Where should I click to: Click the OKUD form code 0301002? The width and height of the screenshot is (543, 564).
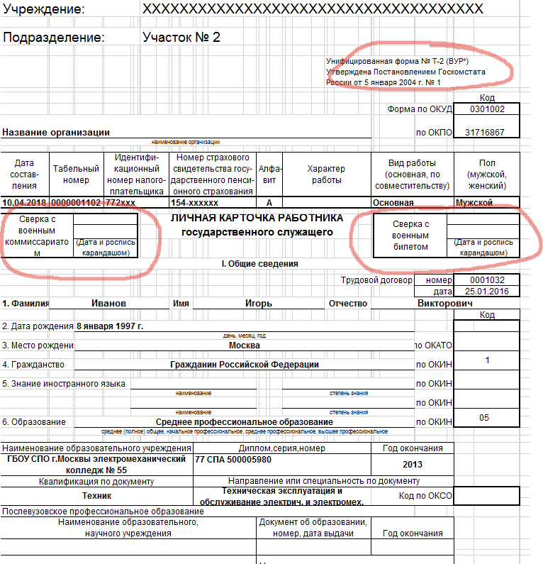pos(487,109)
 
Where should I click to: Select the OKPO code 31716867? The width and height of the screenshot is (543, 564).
pos(485,133)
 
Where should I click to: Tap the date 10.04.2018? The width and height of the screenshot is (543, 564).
pos(25,203)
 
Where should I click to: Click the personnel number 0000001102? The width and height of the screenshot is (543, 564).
pos(77,203)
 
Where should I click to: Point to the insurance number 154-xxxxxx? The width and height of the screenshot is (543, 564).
pos(194,203)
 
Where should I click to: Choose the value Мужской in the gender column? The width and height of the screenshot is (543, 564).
pos(474,203)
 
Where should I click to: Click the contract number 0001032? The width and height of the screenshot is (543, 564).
pos(487,280)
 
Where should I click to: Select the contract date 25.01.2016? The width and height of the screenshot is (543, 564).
pos(487,292)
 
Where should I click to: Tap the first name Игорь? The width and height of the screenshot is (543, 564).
pos(259,304)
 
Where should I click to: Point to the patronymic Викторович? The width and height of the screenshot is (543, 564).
pos(445,304)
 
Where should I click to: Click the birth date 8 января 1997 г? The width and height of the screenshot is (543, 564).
pos(109,326)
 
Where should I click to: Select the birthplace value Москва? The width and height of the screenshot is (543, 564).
pos(245,345)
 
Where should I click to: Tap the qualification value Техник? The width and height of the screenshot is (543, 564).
pos(96,496)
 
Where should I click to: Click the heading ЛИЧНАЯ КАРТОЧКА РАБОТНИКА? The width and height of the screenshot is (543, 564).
pos(257,218)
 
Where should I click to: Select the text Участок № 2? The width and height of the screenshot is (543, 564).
pos(181,37)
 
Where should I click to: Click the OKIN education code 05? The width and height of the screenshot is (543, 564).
pos(484,418)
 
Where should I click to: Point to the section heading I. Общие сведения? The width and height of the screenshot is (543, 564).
pos(259,264)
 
